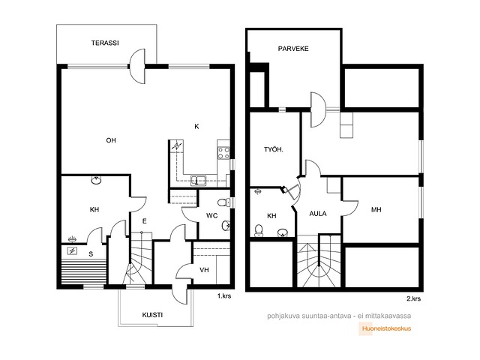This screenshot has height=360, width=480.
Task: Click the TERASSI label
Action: [105, 43]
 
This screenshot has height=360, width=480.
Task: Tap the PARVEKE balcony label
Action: [293, 49]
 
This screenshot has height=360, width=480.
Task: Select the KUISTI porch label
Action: [152, 315]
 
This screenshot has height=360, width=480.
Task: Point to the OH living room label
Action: [111, 140]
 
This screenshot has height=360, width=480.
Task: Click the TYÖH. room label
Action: [274, 150]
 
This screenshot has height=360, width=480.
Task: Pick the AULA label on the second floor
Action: [318, 214]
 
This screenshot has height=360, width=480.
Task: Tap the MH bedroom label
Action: [376, 210]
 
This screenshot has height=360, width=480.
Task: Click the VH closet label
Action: [204, 270]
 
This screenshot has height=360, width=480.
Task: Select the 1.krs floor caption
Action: [224, 296]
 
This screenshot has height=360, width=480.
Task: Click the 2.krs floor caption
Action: [413, 298]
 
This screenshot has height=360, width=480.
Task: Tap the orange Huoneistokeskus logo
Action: [386, 328]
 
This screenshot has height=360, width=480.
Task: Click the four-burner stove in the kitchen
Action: [223, 153]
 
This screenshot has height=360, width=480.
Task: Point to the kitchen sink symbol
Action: [198, 180]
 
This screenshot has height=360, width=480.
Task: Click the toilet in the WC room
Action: [224, 202]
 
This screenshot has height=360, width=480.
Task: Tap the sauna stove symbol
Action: [72, 251]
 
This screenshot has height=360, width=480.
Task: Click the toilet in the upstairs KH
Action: [259, 231]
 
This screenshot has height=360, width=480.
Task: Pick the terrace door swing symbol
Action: [137, 66]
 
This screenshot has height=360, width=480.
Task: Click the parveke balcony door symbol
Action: [318, 109]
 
